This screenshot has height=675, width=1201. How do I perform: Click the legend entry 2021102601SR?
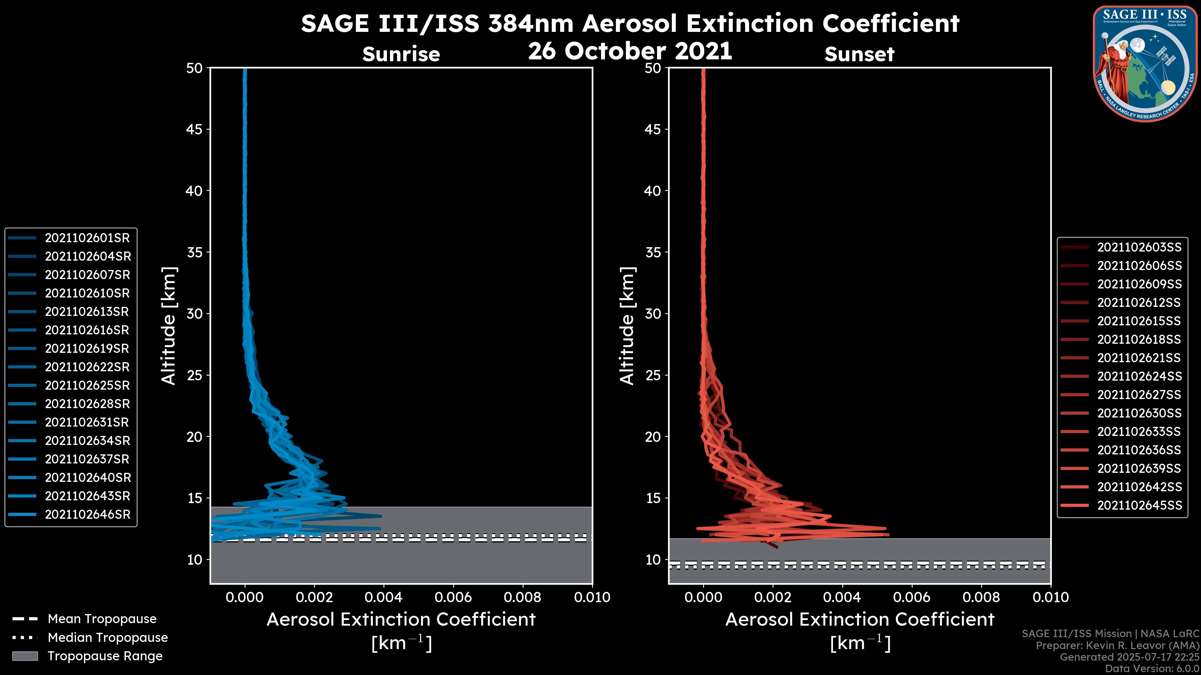(x=87, y=238)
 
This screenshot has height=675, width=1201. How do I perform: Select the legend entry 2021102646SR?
(x=87, y=515)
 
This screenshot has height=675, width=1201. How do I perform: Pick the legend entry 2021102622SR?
(x=87, y=367)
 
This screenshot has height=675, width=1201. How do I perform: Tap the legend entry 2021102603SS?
(x=1139, y=247)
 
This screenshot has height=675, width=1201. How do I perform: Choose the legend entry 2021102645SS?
(x=1139, y=505)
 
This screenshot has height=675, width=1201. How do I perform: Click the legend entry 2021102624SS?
(x=1139, y=376)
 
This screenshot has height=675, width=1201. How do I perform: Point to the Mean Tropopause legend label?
(x=102, y=619)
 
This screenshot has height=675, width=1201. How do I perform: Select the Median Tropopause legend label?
(x=108, y=638)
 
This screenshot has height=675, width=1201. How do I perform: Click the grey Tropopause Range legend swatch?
(x=25, y=656)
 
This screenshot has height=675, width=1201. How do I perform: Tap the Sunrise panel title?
(x=401, y=54)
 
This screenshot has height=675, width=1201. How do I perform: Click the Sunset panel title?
(x=859, y=54)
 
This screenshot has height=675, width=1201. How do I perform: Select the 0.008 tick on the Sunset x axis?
(x=981, y=597)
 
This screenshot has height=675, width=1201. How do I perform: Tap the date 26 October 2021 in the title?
(x=630, y=51)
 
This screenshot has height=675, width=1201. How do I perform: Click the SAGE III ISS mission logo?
(x=1145, y=63)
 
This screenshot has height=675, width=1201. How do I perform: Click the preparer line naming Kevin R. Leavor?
(x=1117, y=646)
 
